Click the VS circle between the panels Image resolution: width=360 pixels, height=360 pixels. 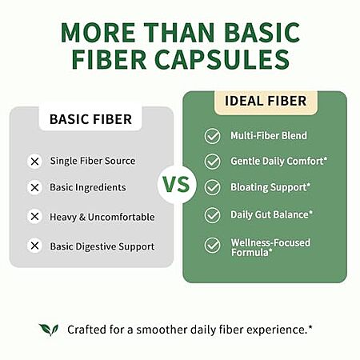pos(177,185)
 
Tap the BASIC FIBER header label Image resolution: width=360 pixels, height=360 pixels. pos(90,119)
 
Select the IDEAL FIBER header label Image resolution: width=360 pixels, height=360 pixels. pos(266,101)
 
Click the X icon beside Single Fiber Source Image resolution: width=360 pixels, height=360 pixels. pos(34,162)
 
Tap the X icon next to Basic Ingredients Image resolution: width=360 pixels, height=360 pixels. pos(34,187)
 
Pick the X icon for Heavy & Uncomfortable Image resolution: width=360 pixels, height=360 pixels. pos(34,216)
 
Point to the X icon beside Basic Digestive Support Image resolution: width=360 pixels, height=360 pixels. pos(34,246)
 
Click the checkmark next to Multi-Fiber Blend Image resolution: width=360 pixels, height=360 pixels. pos(212,136)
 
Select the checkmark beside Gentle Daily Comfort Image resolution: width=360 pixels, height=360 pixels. pos(212,162)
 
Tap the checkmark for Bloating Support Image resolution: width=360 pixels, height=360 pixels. pos(212,187)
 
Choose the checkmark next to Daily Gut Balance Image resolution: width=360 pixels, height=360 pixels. pos(212,215)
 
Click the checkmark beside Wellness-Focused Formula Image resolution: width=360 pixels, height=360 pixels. pos(212,246)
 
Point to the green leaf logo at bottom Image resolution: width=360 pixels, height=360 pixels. pos(49,330)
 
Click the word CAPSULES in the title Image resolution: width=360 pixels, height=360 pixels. pos(222,59)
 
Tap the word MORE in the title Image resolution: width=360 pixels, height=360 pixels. pos(98,33)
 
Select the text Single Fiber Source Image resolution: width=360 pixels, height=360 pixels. pos(93,161)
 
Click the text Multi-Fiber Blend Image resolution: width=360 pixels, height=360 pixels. pos(269,135)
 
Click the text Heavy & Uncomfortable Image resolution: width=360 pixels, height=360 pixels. pos(102,217)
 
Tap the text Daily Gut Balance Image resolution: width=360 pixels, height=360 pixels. pos(271,214)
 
